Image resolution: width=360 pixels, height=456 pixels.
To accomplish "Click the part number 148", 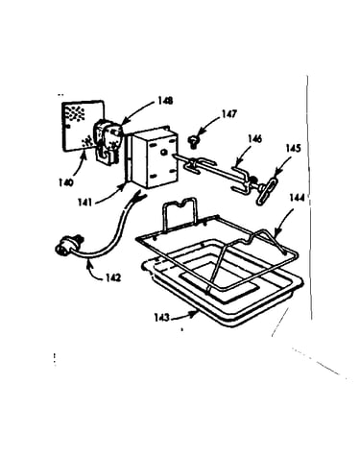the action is (x=165, y=101).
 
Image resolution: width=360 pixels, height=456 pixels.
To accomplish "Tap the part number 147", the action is (x=228, y=114).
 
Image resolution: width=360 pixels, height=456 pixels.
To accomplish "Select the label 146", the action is (x=254, y=139).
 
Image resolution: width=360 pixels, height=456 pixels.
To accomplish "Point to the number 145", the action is (x=293, y=149).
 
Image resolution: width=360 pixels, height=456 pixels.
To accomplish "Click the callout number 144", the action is (x=297, y=198).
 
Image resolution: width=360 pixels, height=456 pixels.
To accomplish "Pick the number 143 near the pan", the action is (x=161, y=318).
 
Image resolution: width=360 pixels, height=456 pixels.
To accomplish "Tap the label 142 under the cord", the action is (x=113, y=277).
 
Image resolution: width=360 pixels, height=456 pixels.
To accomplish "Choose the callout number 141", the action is (x=84, y=203).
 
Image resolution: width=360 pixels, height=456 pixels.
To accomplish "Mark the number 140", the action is (x=66, y=182).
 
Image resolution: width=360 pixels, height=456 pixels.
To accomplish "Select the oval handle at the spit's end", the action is (x=268, y=190).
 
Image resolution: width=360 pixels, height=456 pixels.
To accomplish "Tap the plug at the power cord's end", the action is (x=67, y=246).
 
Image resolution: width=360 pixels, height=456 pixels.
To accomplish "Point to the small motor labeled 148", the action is (x=107, y=140).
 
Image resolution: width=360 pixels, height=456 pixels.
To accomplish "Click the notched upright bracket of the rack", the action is (x=179, y=212).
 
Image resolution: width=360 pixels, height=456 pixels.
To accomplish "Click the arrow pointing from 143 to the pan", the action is (x=184, y=316).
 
